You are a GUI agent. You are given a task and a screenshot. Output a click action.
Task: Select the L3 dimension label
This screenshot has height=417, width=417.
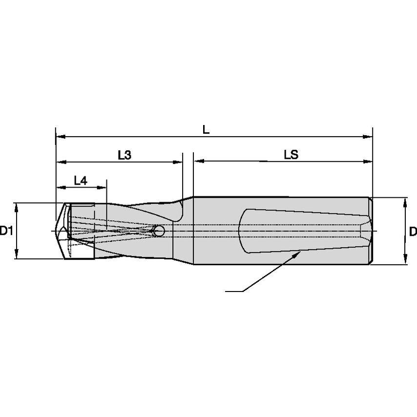point(125,155)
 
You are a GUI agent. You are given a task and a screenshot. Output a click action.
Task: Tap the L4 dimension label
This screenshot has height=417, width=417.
point(81,181)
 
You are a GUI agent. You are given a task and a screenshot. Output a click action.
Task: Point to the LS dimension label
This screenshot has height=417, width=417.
point(291,155)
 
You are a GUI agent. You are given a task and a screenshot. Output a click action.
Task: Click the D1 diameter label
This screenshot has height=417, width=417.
point(5,231)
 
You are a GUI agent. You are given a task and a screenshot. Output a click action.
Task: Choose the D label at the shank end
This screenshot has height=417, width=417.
point(413,231)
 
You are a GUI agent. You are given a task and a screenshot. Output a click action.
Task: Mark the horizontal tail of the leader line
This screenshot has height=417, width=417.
point(233,292)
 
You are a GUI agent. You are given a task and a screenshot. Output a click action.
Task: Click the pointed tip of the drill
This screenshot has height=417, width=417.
point(55,230)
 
